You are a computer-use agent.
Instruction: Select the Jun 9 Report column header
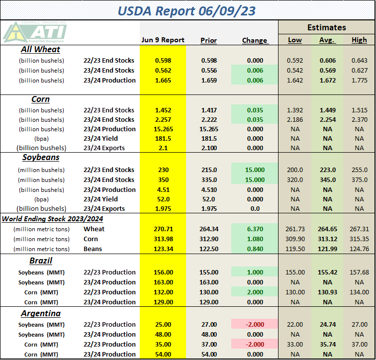point(163,40)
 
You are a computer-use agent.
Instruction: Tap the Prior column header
point(208,40)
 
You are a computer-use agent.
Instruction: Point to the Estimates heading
point(326,27)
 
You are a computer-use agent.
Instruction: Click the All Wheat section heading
point(41,49)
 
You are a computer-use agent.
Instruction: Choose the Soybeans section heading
point(41,157)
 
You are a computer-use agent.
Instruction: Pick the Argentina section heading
point(41,313)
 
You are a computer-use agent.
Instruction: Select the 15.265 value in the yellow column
point(163,129)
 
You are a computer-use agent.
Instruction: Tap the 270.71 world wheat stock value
point(163,229)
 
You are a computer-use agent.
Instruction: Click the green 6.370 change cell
point(255,229)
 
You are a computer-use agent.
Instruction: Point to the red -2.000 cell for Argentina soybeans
point(255,325)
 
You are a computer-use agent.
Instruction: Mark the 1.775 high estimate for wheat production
point(359,80)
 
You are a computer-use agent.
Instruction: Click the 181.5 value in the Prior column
point(208,139)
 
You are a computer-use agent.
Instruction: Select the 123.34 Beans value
point(163,249)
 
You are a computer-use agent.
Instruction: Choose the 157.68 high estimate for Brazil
point(359,272)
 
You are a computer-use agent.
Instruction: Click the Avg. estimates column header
point(326,40)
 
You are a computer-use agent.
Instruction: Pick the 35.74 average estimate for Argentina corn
point(326,345)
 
